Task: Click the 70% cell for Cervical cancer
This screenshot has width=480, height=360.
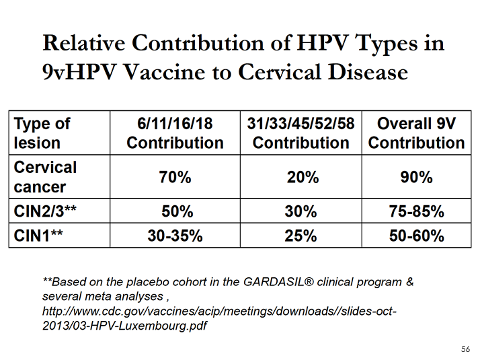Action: click(175, 178)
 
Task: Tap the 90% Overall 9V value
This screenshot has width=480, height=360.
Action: click(416, 178)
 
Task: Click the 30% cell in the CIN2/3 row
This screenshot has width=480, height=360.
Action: click(301, 211)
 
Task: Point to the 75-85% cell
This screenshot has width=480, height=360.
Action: click(416, 211)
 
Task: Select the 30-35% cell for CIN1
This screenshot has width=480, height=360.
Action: click(175, 236)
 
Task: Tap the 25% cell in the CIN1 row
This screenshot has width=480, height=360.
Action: click(301, 236)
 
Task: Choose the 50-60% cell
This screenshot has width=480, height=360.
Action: click(416, 236)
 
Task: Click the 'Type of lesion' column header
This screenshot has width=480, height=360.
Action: click(42, 133)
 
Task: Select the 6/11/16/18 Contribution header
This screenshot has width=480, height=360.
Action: click(175, 133)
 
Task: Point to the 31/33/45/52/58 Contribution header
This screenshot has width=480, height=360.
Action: click(301, 133)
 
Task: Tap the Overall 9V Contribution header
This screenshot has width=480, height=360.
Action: click(416, 133)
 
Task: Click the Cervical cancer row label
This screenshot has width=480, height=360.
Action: click(45, 177)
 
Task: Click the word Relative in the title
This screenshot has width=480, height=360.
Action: click(85, 44)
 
